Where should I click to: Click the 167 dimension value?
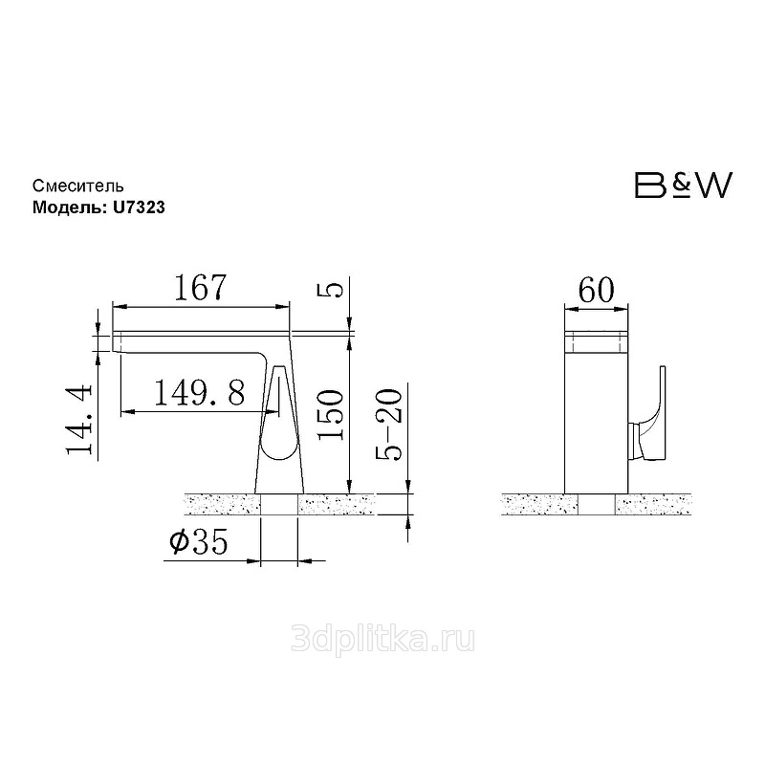click(x=201, y=288)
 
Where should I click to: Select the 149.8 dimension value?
click(x=200, y=393)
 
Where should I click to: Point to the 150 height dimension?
click(x=330, y=415)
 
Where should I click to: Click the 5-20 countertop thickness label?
click(x=389, y=425)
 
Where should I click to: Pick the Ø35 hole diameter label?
click(x=199, y=541)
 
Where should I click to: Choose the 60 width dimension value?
click(x=596, y=291)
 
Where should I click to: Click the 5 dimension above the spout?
click(x=331, y=290)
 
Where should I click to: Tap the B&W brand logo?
click(x=684, y=185)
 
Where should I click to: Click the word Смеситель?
click(x=78, y=186)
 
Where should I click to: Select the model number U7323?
click(x=139, y=208)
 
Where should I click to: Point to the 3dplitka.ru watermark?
click(x=382, y=640)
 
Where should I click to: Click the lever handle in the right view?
click(x=655, y=415)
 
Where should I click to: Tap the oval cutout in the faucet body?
click(x=278, y=415)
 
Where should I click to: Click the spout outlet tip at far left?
click(x=117, y=341)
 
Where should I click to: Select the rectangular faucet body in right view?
click(x=596, y=412)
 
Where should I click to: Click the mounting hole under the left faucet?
click(x=278, y=505)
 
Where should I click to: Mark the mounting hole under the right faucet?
click(x=597, y=505)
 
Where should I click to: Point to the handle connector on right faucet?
click(x=634, y=441)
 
